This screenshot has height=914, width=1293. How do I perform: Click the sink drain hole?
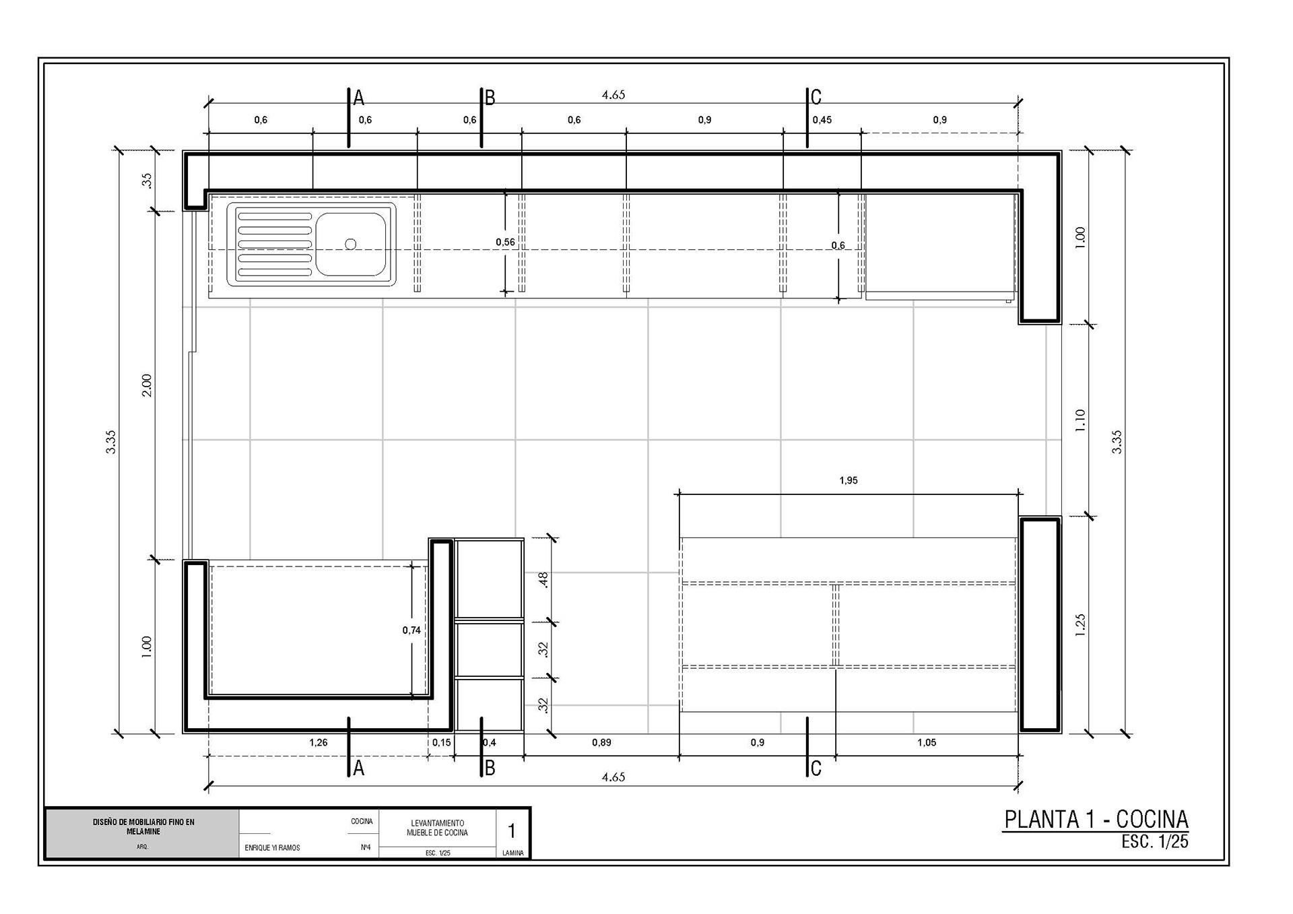coord(350,244)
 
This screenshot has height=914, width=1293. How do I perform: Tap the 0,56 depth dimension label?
coord(505,242)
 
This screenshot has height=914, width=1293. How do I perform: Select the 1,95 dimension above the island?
coord(849,480)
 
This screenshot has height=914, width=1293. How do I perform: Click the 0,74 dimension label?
coord(411,630)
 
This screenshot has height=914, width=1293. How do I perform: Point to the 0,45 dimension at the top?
coord(822,120)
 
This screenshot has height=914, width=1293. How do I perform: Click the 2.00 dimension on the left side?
coord(147,385)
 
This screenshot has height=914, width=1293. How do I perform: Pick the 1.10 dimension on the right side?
coord(1080,420)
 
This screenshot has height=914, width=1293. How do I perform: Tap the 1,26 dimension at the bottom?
coord(319,742)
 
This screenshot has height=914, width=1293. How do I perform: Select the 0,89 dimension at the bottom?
coord(601,742)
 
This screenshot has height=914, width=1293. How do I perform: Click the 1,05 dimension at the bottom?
coord(927,742)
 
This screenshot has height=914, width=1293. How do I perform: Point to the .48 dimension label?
coord(544,580)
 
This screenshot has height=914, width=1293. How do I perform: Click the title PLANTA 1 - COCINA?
coord(1096,819)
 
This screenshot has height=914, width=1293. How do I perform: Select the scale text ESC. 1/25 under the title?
coord(1155,841)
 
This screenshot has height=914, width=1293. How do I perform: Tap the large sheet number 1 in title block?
coord(512,830)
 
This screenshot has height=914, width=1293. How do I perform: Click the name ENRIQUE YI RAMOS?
coord(272,848)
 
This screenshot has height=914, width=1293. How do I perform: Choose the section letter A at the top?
coord(359,98)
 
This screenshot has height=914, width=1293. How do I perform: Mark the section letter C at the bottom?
coord(816,769)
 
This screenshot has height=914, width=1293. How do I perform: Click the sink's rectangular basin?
coord(351,244)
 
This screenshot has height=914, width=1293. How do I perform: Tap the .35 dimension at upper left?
coord(147,181)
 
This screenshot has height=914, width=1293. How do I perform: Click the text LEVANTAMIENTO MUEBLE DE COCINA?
coord(437,828)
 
